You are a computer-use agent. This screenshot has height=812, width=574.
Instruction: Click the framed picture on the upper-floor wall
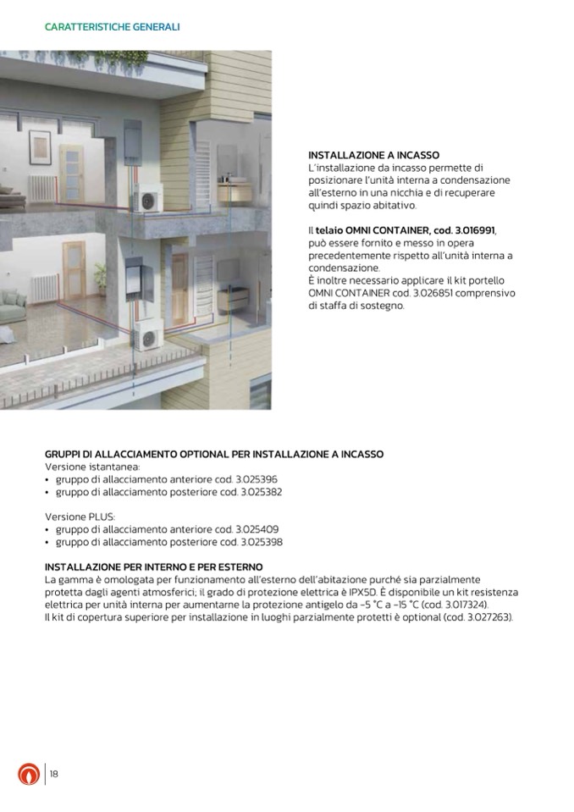click(39, 146)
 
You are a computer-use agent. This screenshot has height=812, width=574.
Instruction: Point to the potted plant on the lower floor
click(100, 275)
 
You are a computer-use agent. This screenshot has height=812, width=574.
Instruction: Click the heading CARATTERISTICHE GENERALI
click(112, 27)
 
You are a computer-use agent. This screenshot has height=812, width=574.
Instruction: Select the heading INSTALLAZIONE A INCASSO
click(373, 156)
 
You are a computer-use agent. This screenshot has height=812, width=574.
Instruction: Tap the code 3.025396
click(259, 479)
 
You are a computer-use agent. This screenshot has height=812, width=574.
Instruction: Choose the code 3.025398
click(262, 542)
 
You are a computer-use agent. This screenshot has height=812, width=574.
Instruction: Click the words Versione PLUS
click(80, 516)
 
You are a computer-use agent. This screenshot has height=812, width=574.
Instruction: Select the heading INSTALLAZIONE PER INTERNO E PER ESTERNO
click(153, 566)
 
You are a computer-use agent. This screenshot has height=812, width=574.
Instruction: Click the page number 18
click(53, 774)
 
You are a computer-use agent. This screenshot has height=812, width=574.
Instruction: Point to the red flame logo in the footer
click(29, 774)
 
